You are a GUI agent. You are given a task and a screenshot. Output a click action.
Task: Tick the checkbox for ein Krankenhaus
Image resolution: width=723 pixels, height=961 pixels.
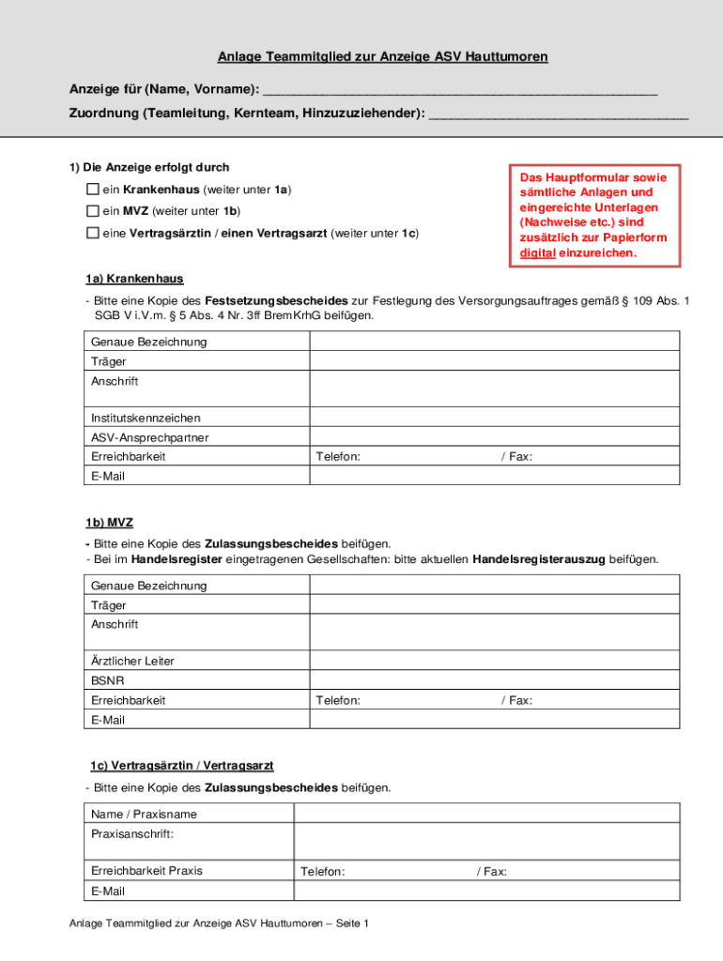point(93,190)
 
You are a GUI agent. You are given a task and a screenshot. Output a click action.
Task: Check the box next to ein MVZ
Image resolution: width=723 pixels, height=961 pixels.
point(93,211)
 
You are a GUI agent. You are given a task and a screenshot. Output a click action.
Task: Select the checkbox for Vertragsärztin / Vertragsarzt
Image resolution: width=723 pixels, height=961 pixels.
point(93,233)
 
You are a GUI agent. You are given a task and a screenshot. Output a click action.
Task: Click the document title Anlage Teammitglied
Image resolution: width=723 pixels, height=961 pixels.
point(382,57)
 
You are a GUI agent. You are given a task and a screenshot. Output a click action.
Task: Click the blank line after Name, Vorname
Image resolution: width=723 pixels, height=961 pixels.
point(460,90)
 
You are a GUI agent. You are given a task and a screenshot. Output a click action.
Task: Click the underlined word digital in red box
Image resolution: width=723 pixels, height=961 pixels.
point(537,253)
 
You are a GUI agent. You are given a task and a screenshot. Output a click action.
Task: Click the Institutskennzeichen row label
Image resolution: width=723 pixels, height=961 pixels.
point(146,418)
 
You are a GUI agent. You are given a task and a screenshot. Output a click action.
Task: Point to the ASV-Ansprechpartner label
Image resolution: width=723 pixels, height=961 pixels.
point(149,437)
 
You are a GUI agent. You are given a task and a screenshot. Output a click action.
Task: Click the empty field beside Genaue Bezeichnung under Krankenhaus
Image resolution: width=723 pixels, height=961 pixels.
point(494,342)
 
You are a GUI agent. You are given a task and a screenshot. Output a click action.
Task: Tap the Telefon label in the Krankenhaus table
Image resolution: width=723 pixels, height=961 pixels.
point(338,457)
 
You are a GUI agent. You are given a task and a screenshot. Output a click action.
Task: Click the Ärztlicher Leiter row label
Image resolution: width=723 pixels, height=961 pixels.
point(132,661)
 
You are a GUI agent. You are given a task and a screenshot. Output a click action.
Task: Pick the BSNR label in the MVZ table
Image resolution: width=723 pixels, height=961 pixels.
point(107,680)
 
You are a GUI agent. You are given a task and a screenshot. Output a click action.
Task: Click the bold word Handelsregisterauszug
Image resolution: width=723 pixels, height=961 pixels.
point(539,559)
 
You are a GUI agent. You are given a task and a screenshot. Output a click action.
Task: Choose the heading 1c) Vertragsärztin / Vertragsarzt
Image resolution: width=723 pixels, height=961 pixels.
point(181,766)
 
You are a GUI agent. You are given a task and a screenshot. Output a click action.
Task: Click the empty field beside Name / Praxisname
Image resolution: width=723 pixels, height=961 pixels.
point(486,814)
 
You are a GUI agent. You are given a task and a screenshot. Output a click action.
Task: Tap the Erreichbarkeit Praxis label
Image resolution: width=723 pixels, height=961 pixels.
point(146,871)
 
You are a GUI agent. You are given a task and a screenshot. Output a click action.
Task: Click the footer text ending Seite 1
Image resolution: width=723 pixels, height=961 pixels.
point(219,923)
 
